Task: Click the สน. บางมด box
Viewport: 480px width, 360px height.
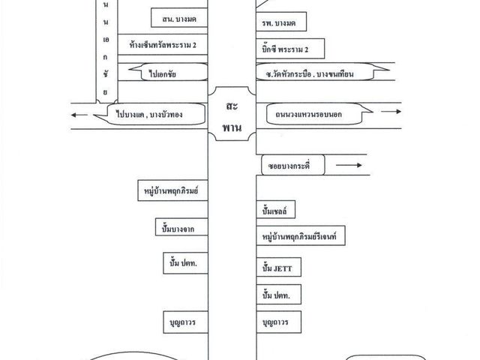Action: [x=179, y=18]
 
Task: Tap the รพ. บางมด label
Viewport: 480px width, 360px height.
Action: [x=281, y=22]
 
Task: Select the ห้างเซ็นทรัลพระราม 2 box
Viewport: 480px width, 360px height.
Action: [x=163, y=44]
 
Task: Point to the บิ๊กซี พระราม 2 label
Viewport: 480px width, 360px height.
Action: [x=290, y=48]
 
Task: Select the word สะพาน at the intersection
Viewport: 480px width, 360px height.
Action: [x=232, y=116]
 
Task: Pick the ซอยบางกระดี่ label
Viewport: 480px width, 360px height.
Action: [x=293, y=165]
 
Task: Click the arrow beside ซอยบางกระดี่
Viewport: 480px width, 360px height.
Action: [x=349, y=165]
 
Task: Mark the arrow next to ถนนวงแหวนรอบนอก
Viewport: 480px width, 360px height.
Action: [x=391, y=112]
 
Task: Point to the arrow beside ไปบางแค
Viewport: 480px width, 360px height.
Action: [x=79, y=115]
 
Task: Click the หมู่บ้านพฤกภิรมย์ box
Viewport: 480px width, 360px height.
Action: [x=173, y=190]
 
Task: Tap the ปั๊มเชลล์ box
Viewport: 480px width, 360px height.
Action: [x=275, y=209]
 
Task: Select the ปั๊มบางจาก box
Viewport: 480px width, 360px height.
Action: [x=181, y=227]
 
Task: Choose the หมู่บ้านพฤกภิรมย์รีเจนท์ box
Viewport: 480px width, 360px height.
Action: [x=301, y=235]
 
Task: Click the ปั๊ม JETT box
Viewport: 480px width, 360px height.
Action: [x=278, y=267]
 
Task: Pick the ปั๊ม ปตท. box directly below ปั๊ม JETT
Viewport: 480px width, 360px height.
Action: [x=278, y=294]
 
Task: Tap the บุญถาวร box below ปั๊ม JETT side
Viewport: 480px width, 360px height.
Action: [x=278, y=322]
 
